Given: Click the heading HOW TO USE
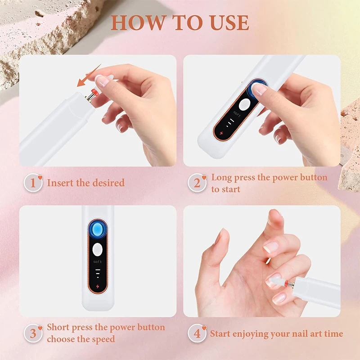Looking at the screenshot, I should coord(180,22).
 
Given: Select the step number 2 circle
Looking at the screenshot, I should coord(197,183).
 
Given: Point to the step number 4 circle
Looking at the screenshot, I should coord(197,334).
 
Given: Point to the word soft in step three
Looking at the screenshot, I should coord(98,262).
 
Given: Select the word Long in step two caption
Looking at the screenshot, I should coord(221,177).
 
